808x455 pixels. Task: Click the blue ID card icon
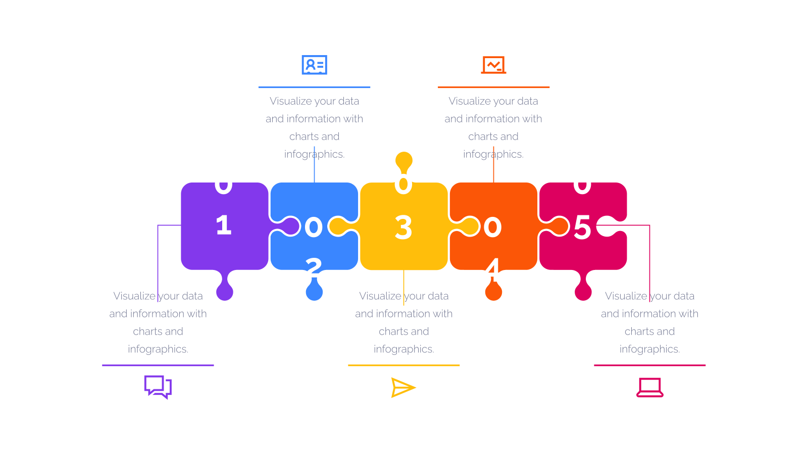pos(314,65)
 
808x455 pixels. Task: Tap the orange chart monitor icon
pos(493,65)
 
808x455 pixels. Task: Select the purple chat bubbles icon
pos(158,387)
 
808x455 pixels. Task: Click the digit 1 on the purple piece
pos(224,225)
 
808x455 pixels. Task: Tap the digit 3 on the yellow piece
pos(403,227)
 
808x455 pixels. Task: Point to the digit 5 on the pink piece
pos(582,227)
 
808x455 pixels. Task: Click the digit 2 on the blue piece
pos(314,267)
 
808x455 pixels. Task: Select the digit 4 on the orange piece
pos(493,269)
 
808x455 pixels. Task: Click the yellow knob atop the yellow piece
pos(403,161)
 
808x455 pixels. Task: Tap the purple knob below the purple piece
pos(224,289)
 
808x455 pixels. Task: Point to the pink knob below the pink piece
pos(583,289)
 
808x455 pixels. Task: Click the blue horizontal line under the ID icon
pos(314,87)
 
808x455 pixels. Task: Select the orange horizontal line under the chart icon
pos(493,87)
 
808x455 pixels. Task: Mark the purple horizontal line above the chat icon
pos(158,365)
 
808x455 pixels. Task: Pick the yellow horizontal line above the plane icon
pos(403,365)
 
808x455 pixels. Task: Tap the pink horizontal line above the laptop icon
pos(649,365)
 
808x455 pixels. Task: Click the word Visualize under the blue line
pos(291,101)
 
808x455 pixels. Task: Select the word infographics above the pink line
pos(649,349)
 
